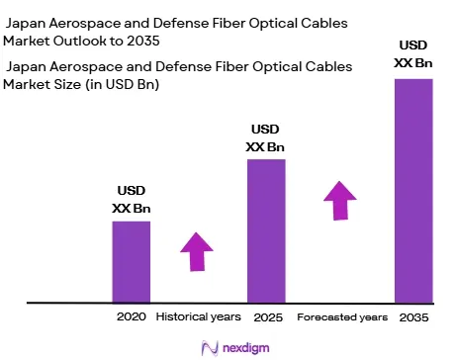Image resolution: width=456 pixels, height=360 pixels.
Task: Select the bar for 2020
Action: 132,262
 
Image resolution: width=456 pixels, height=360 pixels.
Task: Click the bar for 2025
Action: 266,230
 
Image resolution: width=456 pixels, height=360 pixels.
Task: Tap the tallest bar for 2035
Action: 413,191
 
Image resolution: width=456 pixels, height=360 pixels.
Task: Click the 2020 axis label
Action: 132,316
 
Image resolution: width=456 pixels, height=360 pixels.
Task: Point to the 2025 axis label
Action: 268,317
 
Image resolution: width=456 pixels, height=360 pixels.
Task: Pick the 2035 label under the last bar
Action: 413,317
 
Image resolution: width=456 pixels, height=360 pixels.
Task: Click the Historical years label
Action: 199,316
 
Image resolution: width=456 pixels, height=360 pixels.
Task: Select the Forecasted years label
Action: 342,317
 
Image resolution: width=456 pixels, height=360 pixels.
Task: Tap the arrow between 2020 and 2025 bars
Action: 197,252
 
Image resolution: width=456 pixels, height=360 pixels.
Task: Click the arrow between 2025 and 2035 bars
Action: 340,201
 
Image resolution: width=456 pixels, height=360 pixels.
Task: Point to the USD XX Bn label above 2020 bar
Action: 132,200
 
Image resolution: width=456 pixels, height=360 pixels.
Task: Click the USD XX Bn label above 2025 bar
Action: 265,137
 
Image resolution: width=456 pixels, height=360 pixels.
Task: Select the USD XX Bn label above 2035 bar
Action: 413,53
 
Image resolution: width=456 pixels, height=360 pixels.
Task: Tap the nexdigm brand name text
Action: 246,348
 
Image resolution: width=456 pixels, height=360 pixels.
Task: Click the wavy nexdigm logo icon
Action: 210,348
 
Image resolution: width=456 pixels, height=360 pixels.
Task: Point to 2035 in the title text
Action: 143,41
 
